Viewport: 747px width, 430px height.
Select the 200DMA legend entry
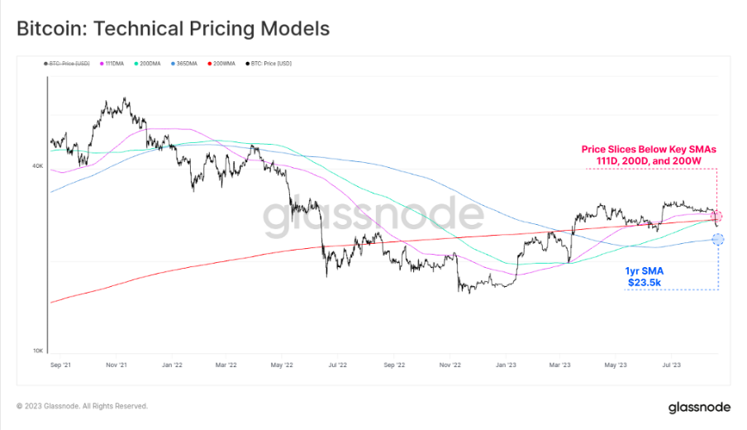pos(150,64)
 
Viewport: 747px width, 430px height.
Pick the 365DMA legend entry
pos(187,64)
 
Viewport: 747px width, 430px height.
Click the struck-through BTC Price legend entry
pos(68,64)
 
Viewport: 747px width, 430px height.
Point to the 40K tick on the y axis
pos(38,166)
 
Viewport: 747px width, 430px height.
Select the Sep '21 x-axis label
pos(60,363)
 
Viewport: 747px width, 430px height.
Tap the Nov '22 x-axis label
pos(451,363)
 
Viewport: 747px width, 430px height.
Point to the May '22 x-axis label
pos(283,363)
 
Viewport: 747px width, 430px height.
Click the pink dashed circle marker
pos(716,216)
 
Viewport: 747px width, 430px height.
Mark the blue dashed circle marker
pos(717,239)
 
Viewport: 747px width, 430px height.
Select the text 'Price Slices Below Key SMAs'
pos(649,150)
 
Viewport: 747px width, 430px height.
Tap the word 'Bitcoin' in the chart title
pos(52,29)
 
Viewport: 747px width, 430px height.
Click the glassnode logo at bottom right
pos(698,407)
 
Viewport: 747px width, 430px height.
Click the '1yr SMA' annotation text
pos(644,270)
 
